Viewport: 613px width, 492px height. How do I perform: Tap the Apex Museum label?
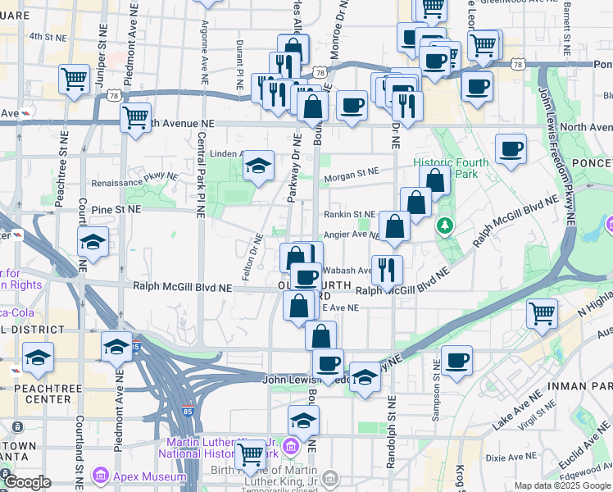(142, 475)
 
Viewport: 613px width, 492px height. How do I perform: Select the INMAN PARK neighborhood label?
(579, 385)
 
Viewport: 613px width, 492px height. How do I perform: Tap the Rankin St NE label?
(347, 214)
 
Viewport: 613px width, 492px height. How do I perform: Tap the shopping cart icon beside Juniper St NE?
(74, 80)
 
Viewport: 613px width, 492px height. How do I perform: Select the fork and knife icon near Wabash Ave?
(386, 268)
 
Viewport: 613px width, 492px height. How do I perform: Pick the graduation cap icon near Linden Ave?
(258, 166)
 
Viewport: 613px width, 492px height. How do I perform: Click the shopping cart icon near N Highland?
(542, 312)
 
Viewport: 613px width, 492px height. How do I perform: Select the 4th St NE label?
(48, 37)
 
